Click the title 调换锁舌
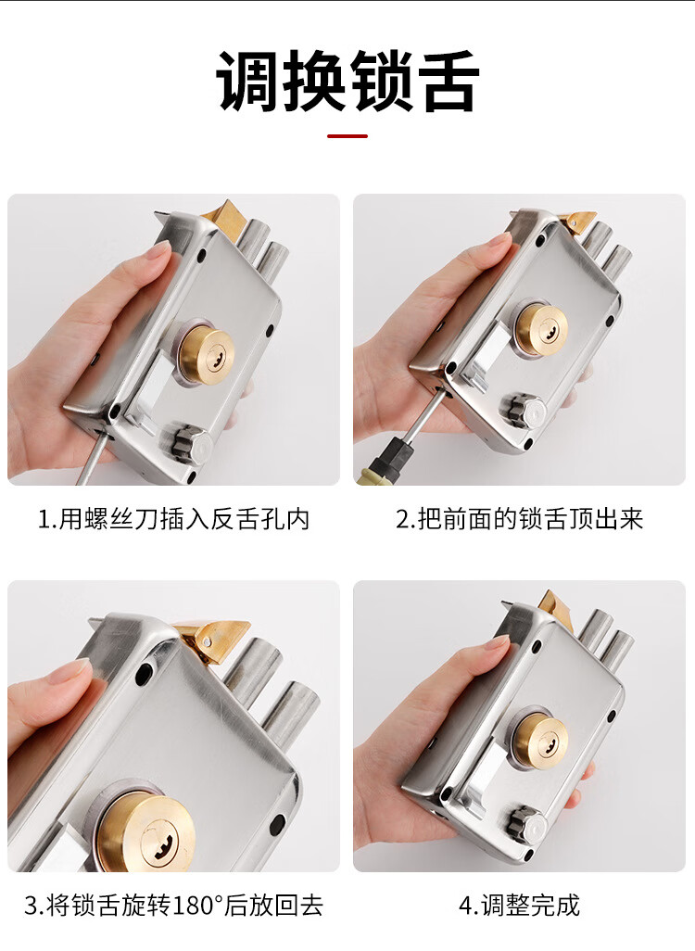click(347, 82)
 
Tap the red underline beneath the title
click(347, 136)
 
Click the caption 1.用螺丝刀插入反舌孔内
click(173, 519)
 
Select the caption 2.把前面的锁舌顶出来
click(519, 519)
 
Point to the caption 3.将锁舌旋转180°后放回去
click(173, 906)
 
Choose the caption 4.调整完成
click(519, 906)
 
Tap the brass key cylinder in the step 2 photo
click(541, 329)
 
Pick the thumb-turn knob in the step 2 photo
click(523, 412)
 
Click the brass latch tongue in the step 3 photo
click(212, 640)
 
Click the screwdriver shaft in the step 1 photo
click(94, 458)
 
